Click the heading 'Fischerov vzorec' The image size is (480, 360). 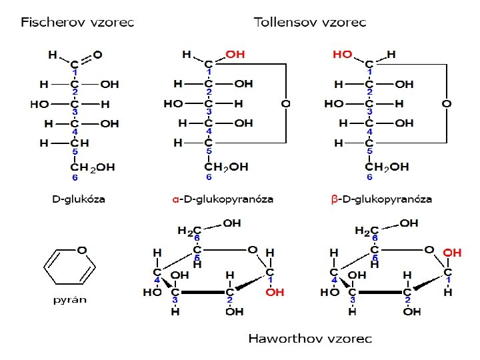click(77, 22)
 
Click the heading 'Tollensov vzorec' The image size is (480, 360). click(310, 22)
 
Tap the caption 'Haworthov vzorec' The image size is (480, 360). click(310, 338)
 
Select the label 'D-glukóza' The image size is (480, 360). click(78, 199)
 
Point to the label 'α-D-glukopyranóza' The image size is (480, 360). click(223, 199)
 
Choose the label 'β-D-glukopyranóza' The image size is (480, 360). click(381, 199)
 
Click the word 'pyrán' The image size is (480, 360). click(70, 299)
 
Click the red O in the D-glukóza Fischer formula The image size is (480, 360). click(98, 54)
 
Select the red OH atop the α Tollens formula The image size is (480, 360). click(235, 54)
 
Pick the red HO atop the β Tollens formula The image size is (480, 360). click(342, 54)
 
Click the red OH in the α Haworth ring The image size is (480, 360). click(275, 292)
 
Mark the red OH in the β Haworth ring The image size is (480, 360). click(452, 253)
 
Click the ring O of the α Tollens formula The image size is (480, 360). click(285, 104)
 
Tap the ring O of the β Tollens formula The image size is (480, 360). click(446, 104)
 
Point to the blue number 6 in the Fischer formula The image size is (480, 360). click(75, 178)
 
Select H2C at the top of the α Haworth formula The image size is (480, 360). click(187, 231)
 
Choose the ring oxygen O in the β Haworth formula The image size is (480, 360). click(430, 249)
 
